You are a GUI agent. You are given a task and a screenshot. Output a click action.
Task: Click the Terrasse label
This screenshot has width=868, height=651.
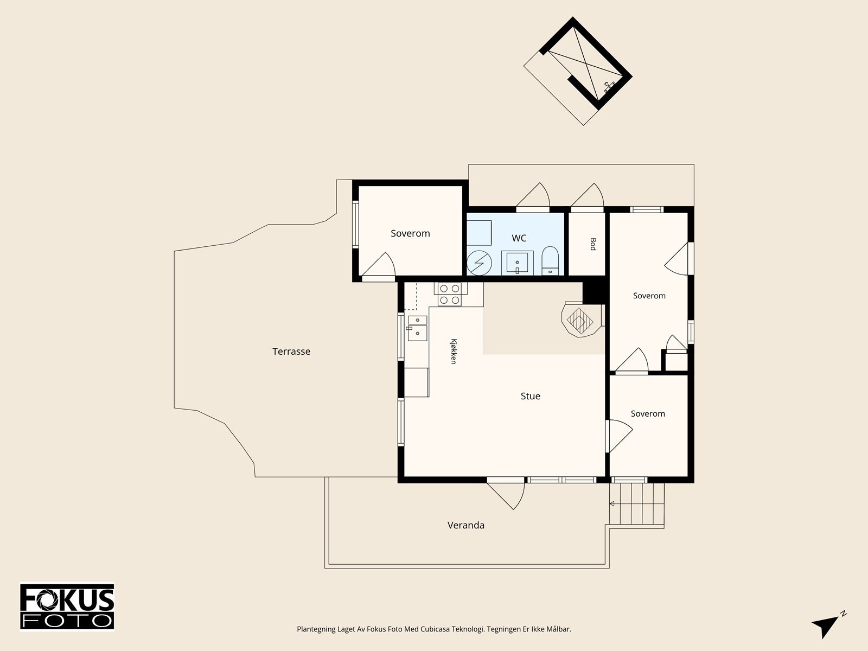pos(291,352)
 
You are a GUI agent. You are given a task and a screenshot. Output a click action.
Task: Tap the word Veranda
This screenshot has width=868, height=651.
pos(466,525)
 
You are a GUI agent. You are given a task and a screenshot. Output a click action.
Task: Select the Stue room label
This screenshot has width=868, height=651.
pos(530,396)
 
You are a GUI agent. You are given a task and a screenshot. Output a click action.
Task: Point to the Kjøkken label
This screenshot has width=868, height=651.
pos(454,352)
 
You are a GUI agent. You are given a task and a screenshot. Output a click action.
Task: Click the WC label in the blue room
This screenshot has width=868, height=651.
pos(519,238)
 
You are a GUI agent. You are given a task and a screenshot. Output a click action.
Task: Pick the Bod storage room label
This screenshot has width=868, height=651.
pos(593,244)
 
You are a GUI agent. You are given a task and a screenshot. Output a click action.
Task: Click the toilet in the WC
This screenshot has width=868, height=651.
pos(550,260)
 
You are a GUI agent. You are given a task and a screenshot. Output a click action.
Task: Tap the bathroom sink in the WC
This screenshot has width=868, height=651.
pos(517,263)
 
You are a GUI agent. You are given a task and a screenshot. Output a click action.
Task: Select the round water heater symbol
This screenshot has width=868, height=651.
pos(479,263)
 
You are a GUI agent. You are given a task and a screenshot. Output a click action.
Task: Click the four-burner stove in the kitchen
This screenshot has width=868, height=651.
pos(450,295)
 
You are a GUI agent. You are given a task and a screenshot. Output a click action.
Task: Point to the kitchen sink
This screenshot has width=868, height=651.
pos(417,328)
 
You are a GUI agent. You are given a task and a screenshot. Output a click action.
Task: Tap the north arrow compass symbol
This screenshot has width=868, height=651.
pos(828,624)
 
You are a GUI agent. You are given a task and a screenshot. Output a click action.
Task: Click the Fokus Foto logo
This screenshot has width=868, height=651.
pos(67,607)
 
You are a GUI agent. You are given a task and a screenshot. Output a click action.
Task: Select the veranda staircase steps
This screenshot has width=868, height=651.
pos(637,505)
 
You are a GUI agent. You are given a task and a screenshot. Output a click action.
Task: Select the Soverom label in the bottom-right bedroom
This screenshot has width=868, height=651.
pos(648,413)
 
